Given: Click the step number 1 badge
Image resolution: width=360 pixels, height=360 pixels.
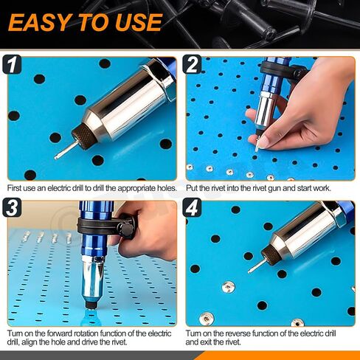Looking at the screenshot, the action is (x=12, y=64).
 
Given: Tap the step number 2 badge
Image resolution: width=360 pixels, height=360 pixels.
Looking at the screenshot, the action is (x=192, y=64).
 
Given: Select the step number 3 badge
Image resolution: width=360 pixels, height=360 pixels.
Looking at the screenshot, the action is (x=12, y=208).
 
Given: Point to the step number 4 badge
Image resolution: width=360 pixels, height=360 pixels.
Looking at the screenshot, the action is (x=192, y=208).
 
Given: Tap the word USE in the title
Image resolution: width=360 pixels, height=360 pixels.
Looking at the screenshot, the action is (x=138, y=22).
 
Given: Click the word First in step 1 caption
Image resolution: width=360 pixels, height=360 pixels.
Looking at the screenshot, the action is (x=14, y=188).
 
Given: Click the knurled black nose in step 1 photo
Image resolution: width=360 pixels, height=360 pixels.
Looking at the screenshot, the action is (x=84, y=136).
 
